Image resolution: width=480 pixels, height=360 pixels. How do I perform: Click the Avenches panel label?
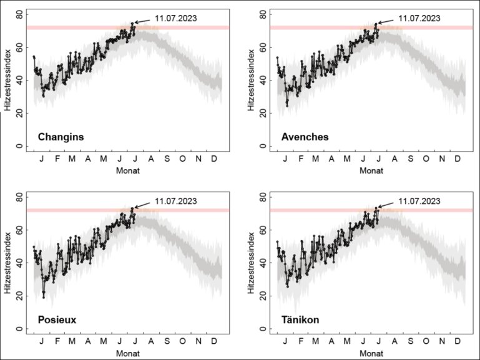coord(305,137)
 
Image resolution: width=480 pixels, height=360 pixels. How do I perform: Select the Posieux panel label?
coord(57,319)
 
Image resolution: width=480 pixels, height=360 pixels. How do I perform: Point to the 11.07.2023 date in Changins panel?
coord(176,18)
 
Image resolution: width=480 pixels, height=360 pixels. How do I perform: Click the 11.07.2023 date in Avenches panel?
coord(419,18)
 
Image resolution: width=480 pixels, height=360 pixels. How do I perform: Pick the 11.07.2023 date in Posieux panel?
coord(176,201)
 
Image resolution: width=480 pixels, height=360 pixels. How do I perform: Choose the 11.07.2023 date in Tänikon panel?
coord(419,201)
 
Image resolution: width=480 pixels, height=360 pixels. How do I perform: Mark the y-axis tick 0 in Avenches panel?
coord(264,147)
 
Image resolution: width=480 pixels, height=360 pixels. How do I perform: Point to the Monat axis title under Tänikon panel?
coord(372,353)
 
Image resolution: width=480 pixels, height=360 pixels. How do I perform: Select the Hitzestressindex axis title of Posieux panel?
coord(7,263)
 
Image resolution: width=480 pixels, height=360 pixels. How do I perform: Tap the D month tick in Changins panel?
coord(214,159)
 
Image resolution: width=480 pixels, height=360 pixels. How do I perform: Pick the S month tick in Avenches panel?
coord(411,159)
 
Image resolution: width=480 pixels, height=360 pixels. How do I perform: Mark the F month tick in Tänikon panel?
coord(301,342)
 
